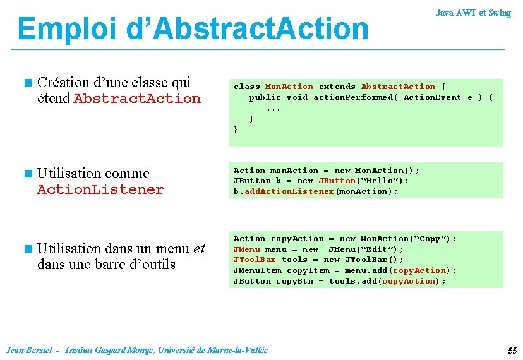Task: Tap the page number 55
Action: pos(512,351)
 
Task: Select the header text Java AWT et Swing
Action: pos(473,13)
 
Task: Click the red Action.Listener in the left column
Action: pos(100,189)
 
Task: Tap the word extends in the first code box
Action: pos(337,87)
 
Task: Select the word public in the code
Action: pos(265,97)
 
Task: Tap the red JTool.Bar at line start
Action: pos(255,260)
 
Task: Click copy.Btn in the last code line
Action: pos(294,281)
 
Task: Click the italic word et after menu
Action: pos(199,248)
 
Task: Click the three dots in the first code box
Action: pos(274,108)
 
